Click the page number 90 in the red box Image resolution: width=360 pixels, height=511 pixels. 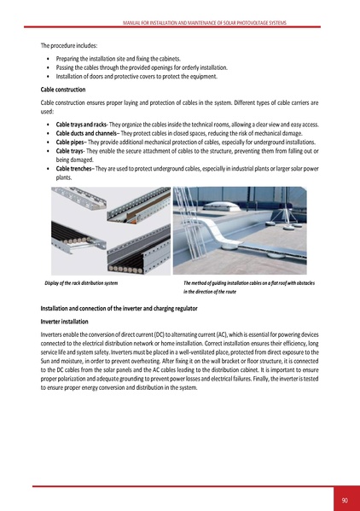344,499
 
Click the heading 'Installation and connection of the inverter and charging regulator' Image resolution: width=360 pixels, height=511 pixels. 110,307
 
